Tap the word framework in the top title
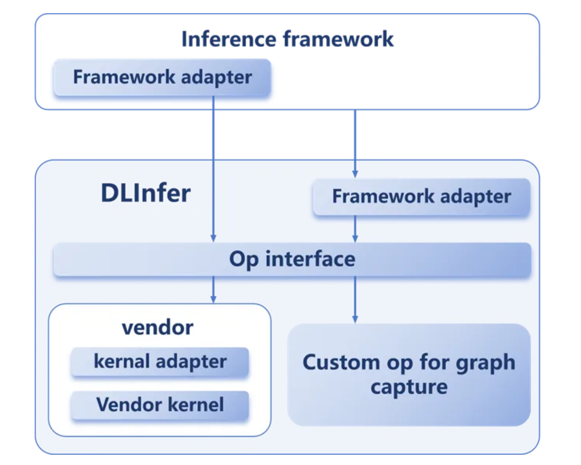point(338,39)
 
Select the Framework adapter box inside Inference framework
point(162,78)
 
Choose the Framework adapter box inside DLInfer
point(422,197)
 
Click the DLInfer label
point(145,194)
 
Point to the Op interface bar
point(292,259)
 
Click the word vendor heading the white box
point(157,327)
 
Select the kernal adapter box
point(160,362)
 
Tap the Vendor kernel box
point(160,405)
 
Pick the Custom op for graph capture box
point(409,375)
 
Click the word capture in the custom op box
point(409,387)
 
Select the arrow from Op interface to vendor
point(213,290)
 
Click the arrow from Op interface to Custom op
point(355,299)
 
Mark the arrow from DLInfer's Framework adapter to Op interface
point(355,229)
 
